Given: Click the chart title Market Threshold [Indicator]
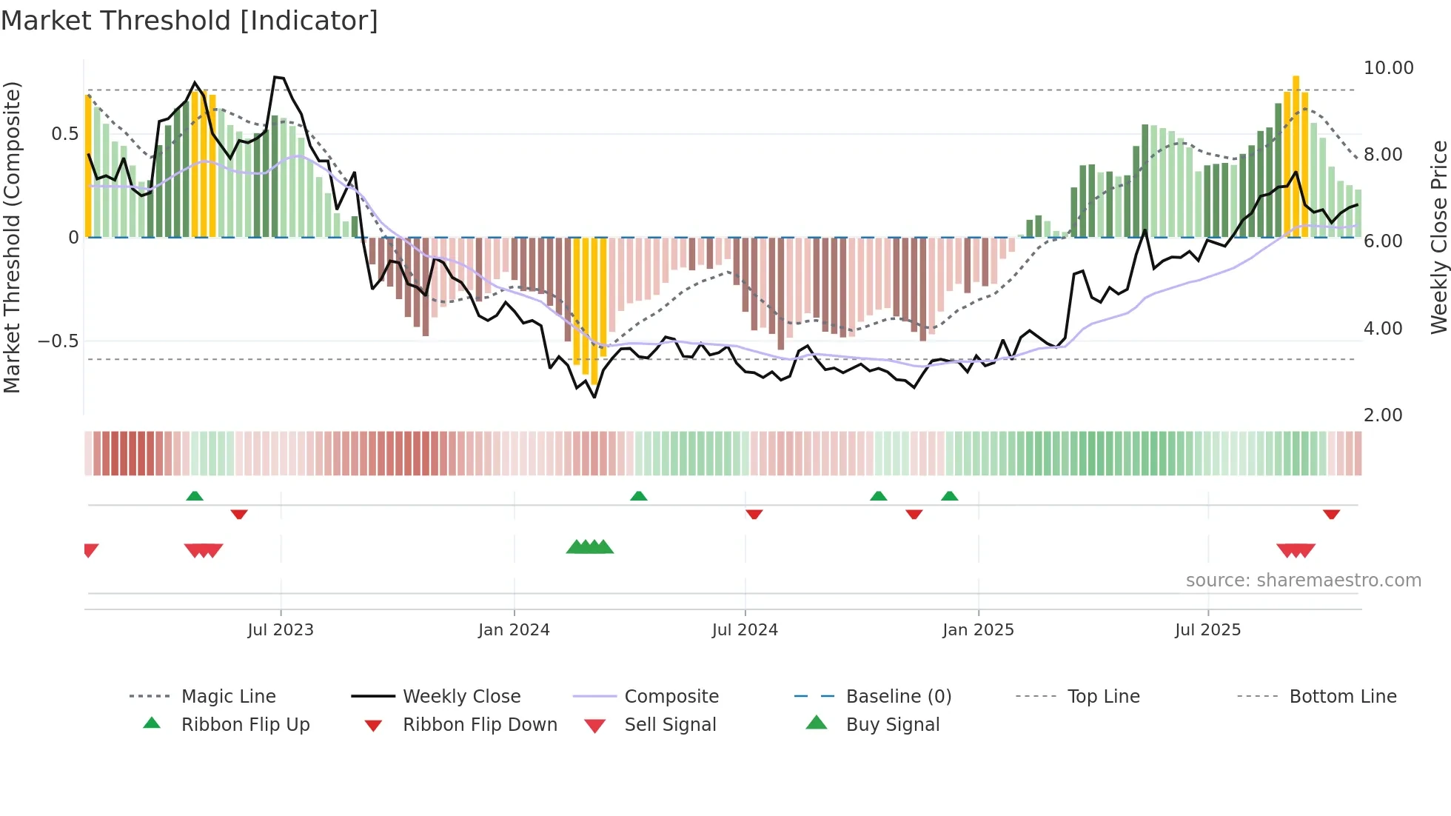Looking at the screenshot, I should point(190,21).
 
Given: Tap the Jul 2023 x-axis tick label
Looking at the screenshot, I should point(281,630).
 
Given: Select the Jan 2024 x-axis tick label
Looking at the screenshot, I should point(514,630).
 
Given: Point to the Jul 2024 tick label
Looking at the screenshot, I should point(745,630).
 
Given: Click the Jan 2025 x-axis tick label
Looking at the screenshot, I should point(978,630).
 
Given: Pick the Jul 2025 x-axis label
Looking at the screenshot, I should point(1207,630).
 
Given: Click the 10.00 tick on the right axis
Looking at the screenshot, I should point(1388,68).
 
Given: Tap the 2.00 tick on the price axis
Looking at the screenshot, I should point(1383,415).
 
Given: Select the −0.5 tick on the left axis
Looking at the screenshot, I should point(58,341).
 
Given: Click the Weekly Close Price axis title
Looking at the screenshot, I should point(1438,237).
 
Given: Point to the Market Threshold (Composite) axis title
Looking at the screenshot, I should point(12,237).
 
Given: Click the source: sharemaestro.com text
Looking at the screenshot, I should point(1303,581).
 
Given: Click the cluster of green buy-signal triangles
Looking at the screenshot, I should point(590,547).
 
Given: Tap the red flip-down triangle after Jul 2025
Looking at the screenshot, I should point(1331,514).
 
